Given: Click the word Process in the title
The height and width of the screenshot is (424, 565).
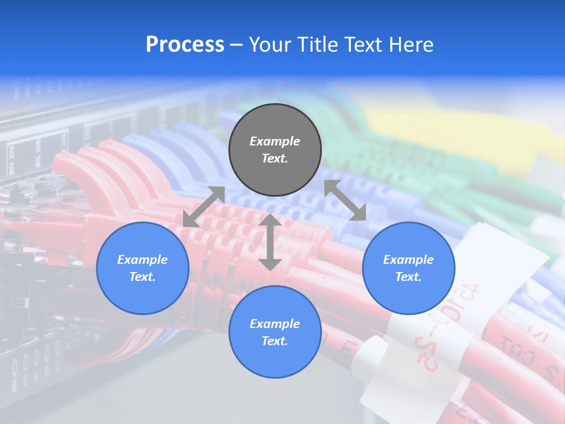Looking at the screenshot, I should click(185, 45).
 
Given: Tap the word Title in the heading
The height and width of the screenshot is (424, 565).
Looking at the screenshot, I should click(316, 45).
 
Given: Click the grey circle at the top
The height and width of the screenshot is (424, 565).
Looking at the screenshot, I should click(275, 150).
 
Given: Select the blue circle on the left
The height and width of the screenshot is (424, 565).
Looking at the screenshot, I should click(142, 268).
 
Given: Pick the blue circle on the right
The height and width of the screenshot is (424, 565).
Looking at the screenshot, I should click(408, 268).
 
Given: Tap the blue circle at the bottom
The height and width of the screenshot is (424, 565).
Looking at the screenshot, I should click(275, 332).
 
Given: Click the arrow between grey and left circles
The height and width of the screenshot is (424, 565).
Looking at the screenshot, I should click(204, 207).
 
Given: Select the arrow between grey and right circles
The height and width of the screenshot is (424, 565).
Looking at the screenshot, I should click(345, 200).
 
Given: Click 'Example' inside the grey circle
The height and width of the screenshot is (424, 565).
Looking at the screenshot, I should click(275, 141).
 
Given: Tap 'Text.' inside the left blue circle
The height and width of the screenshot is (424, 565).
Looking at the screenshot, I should click(142, 277).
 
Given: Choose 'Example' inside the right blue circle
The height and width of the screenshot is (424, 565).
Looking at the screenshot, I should click(408, 260).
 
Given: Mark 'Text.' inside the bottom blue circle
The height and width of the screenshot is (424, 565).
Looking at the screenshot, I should click(275, 341).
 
